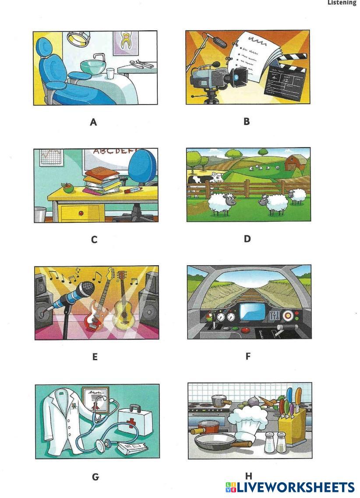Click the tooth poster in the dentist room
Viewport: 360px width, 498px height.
(126, 43)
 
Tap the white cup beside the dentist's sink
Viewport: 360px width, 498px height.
(110, 74)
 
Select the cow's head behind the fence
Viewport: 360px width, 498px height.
(218, 177)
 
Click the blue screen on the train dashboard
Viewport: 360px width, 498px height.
(252, 312)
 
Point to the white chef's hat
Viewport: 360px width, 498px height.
(248, 423)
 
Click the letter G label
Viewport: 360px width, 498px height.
(95, 477)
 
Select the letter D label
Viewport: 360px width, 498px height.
(247, 238)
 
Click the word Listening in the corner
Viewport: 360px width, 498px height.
(342, 3)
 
